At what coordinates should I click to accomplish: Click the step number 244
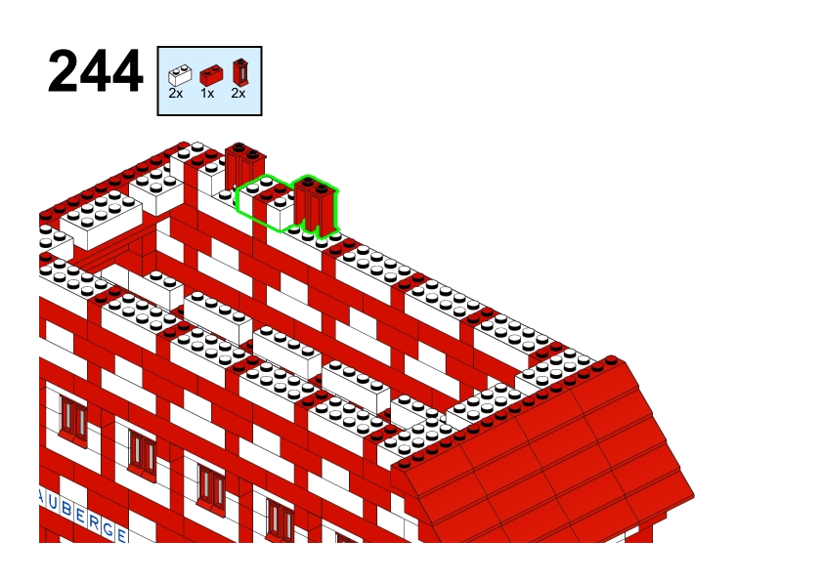[95, 71]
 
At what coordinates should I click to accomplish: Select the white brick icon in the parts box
[180, 75]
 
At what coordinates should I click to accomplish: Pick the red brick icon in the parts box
[211, 75]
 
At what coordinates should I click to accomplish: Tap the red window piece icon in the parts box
[240, 72]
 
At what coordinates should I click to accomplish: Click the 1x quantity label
[207, 94]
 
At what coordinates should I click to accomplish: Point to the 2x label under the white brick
[176, 94]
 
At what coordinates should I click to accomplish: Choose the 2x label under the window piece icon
[238, 94]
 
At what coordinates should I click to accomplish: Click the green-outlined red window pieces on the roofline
[316, 207]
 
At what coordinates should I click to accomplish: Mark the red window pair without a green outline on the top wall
[245, 167]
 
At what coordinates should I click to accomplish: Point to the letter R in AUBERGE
[94, 522]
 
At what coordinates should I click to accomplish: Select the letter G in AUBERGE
[108, 529]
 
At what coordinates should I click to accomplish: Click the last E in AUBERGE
[121, 535]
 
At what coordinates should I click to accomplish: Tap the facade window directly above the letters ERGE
[143, 453]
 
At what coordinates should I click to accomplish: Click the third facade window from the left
[211, 488]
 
